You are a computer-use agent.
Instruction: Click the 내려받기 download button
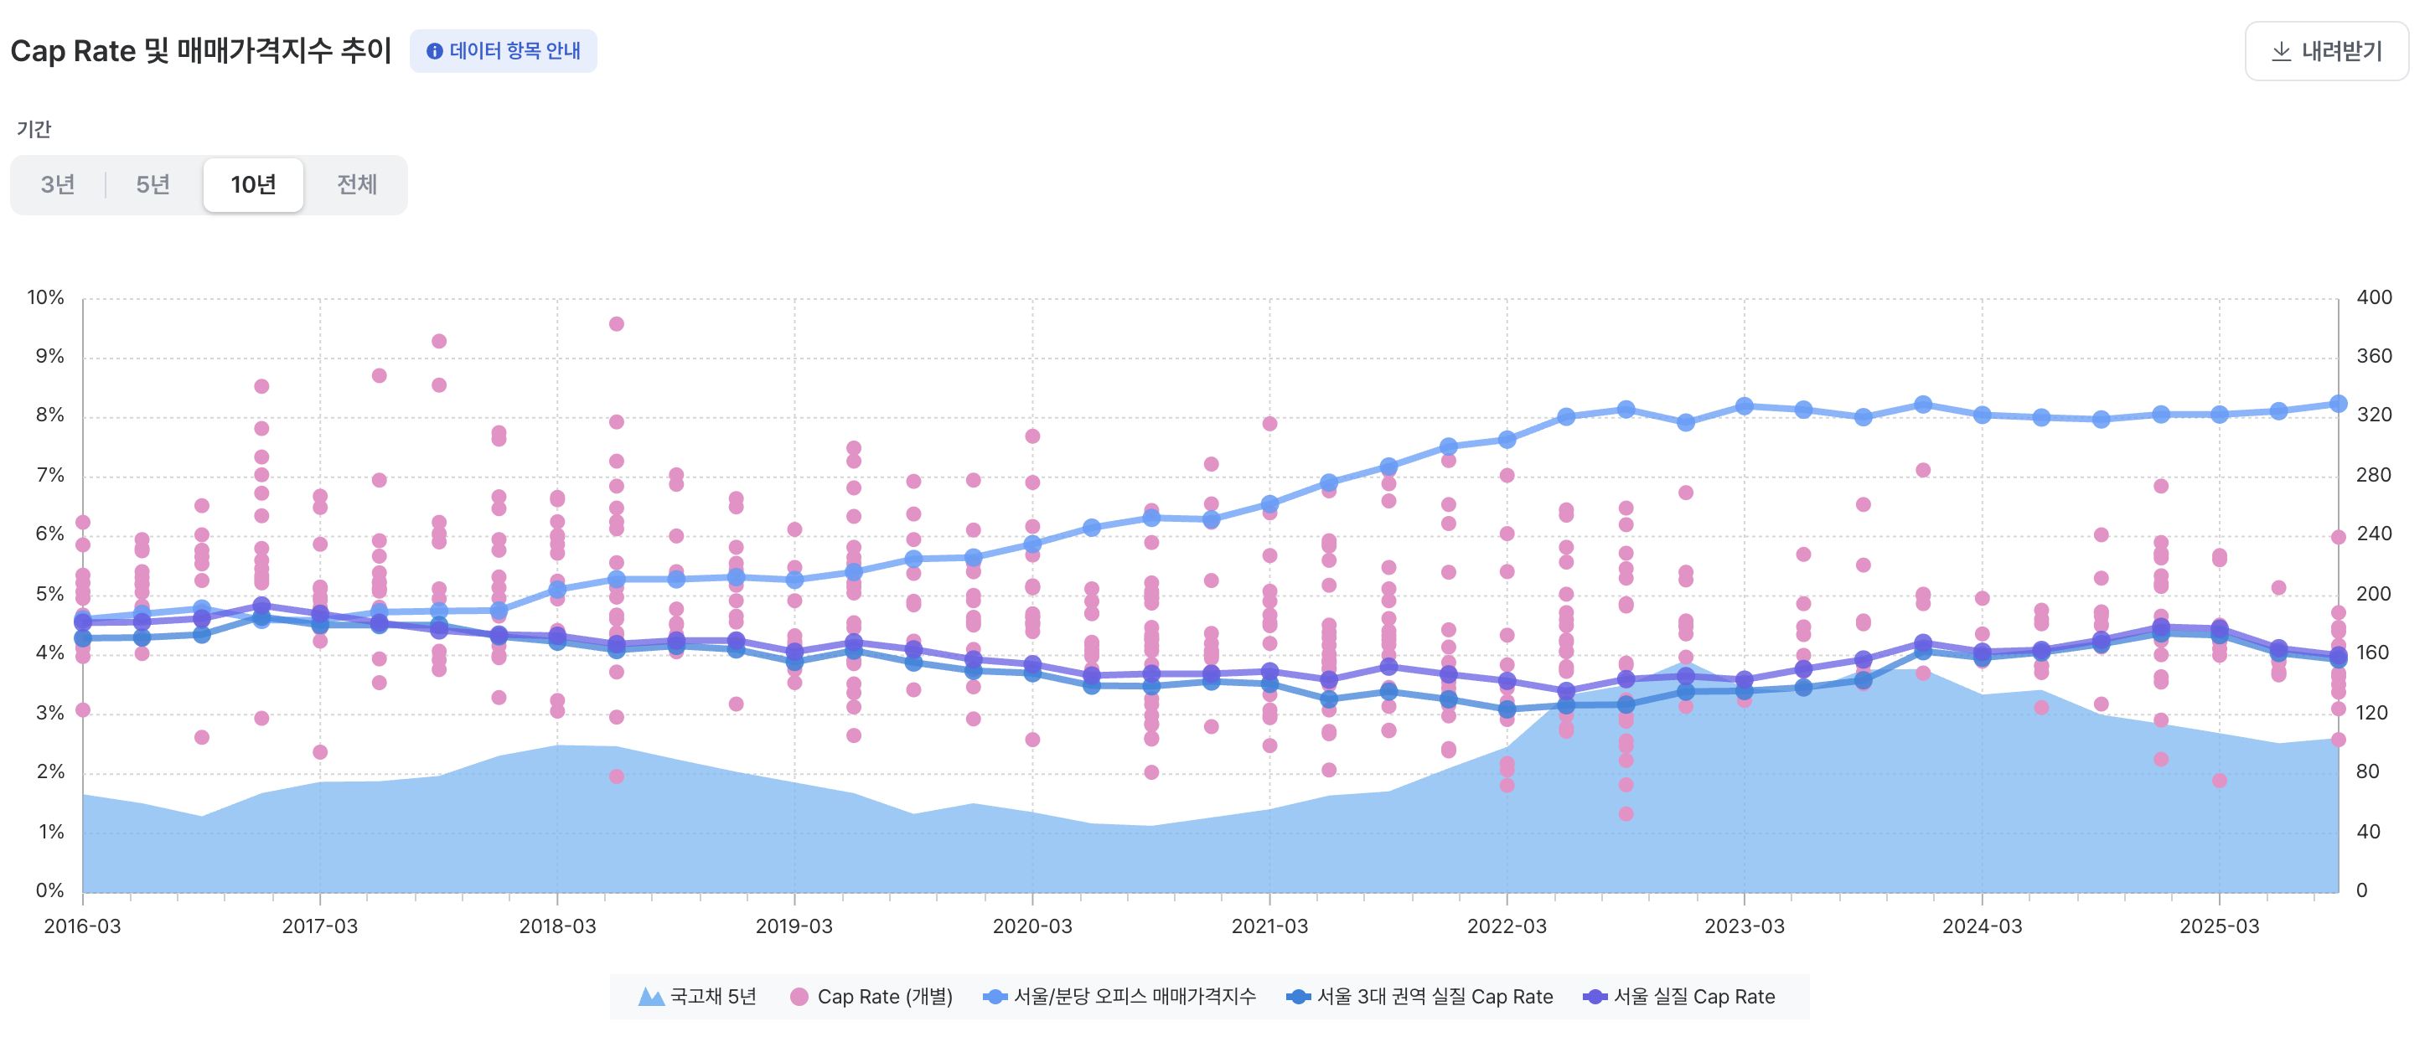coord(2326,51)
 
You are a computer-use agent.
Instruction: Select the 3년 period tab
coord(58,185)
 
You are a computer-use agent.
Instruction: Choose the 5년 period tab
coord(153,185)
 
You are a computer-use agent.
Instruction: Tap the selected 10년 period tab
coord(253,185)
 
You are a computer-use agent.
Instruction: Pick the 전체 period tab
coord(357,185)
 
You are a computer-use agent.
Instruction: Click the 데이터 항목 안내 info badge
coord(503,51)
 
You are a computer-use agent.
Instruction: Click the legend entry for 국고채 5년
coord(698,997)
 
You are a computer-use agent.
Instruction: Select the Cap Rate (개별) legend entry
coord(871,997)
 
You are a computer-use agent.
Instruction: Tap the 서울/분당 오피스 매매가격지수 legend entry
coord(1119,997)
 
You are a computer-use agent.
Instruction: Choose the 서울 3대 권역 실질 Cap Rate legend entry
coord(1419,997)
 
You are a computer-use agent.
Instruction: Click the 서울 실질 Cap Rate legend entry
coord(1680,997)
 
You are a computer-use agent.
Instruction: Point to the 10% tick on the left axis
coord(45,298)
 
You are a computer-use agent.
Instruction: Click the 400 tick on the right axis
coord(2373,298)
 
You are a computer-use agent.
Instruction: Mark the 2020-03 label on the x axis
coord(1032,926)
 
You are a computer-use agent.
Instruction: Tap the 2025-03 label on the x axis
coord(2219,926)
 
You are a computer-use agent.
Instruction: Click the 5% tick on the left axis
coord(49,594)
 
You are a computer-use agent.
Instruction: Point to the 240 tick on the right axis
coord(2373,534)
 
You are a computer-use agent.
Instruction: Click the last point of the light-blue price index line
coord(2339,404)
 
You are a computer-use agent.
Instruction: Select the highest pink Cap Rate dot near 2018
coord(616,324)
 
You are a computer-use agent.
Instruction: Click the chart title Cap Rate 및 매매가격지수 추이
coord(201,51)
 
